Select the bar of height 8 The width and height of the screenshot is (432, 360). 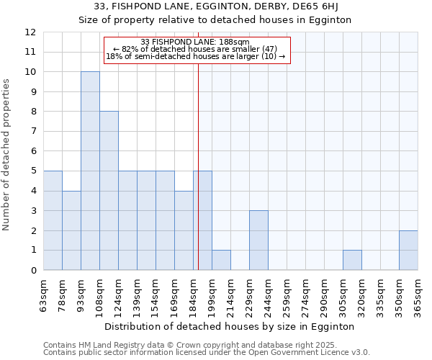(x=109, y=191)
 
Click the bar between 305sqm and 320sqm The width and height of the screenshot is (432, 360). (x=352, y=260)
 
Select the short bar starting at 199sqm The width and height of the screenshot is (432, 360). (x=221, y=260)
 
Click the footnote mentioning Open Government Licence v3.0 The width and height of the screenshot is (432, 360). (x=207, y=353)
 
